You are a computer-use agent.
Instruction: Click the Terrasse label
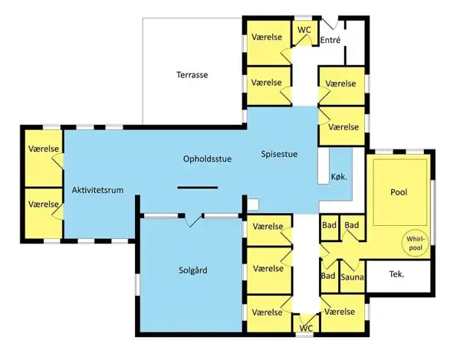[192, 75]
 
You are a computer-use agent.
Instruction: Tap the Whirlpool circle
[415, 243]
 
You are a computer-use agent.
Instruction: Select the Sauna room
[353, 277]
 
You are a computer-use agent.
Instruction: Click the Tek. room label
[396, 274]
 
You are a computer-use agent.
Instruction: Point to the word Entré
[330, 40]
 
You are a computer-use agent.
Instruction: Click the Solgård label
[193, 270]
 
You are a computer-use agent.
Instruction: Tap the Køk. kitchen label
[339, 177]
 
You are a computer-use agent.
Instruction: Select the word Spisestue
[279, 154]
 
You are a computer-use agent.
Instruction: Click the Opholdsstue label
[208, 159]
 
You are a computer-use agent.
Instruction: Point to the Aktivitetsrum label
[97, 190]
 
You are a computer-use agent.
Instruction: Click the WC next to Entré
[304, 30]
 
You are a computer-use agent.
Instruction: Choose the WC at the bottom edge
[306, 328]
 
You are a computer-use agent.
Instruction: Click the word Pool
[399, 192]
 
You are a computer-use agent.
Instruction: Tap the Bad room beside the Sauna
[329, 276]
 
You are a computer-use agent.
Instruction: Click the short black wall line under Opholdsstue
[198, 188]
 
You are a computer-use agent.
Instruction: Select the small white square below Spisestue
[253, 205]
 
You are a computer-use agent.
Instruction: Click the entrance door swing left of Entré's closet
[330, 23]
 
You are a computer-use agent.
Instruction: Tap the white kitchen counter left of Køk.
[324, 166]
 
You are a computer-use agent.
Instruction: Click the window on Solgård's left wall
[137, 285]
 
